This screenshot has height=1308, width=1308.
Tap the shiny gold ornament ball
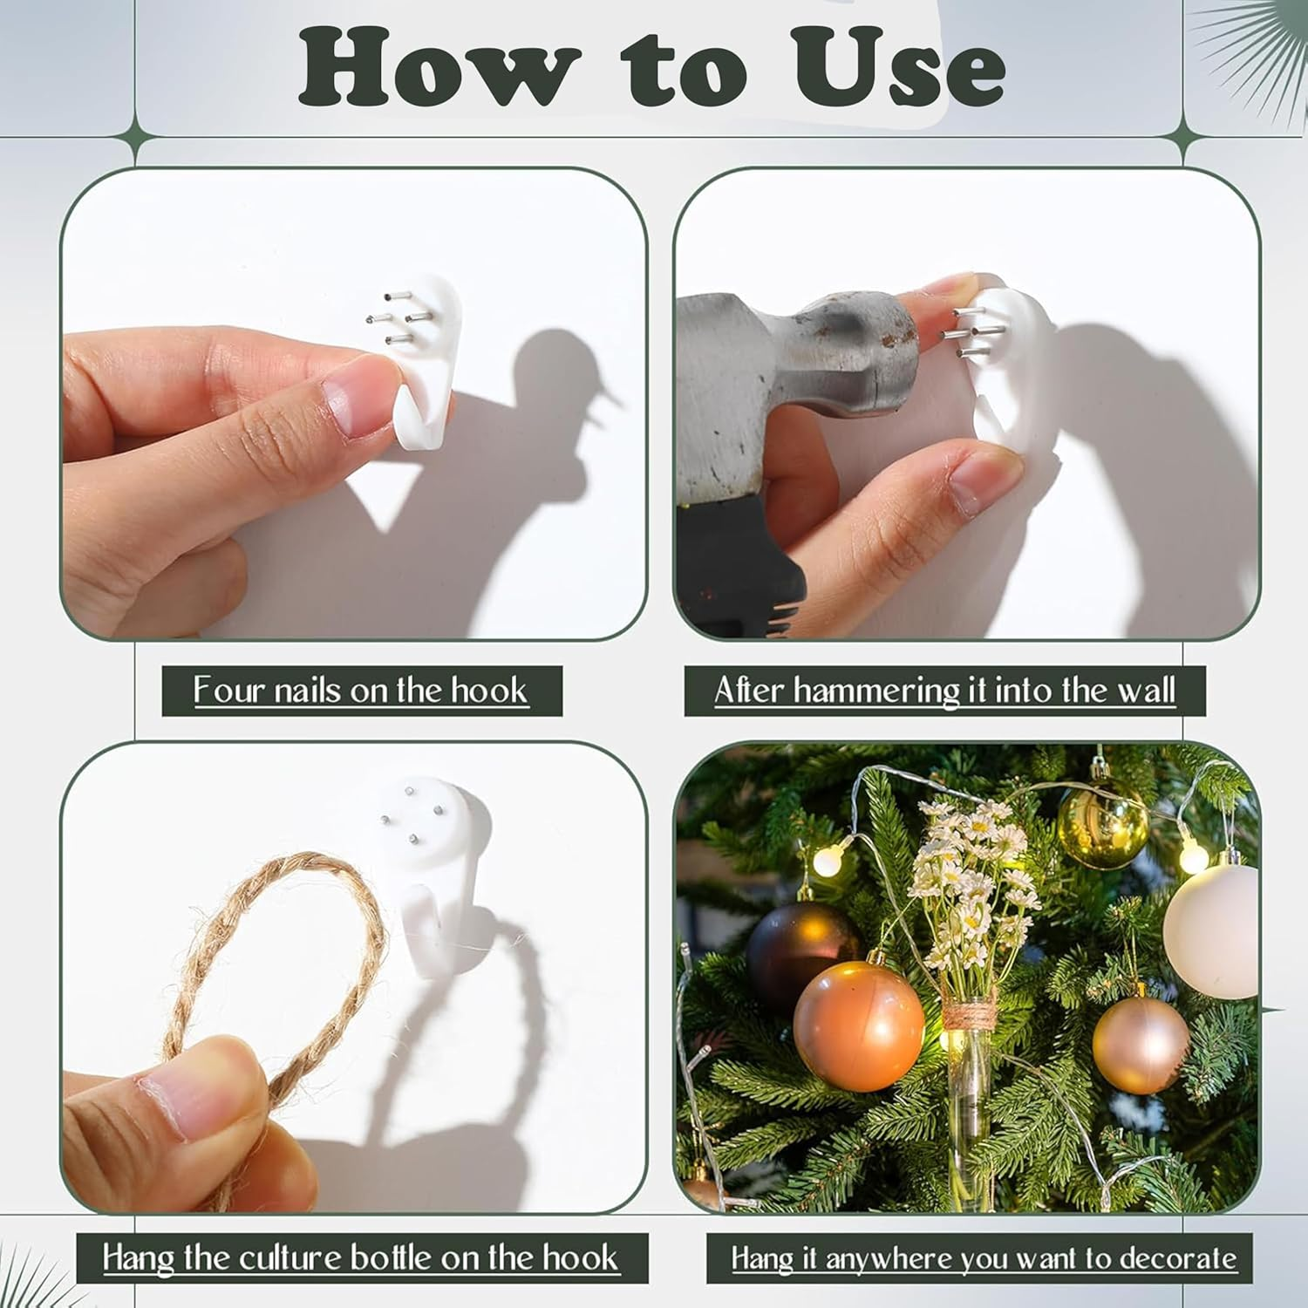[1103, 824]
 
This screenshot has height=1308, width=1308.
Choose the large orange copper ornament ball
[859, 1025]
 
